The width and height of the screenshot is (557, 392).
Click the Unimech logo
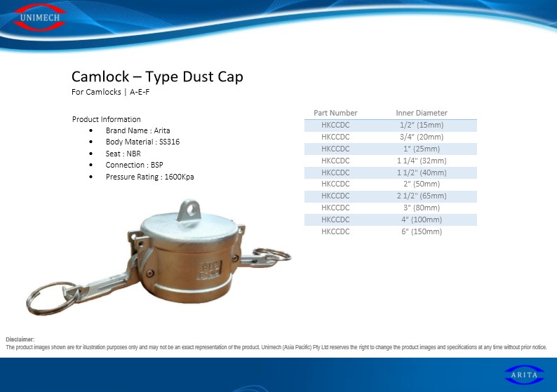click(x=39, y=17)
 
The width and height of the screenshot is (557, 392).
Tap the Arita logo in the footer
click(x=524, y=374)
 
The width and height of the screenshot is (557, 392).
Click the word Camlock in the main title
click(x=100, y=76)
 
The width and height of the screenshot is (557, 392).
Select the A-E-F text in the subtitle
click(x=140, y=92)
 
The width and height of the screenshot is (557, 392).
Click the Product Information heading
click(x=106, y=119)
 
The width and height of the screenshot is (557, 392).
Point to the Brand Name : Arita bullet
click(x=137, y=130)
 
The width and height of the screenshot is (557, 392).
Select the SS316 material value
click(x=170, y=142)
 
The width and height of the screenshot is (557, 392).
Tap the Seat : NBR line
click(x=123, y=154)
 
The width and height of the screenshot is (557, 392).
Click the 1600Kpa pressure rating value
click(x=179, y=177)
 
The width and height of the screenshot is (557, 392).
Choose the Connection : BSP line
click(x=134, y=165)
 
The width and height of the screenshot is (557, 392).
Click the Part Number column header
click(x=335, y=113)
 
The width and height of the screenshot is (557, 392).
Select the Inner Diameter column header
click(x=422, y=113)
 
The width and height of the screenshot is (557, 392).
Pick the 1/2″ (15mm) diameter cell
click(x=422, y=125)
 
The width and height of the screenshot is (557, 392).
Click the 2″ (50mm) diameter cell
click(x=422, y=184)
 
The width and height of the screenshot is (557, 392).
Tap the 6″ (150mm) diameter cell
click(x=422, y=231)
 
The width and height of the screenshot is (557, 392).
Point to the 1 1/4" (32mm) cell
click(x=422, y=161)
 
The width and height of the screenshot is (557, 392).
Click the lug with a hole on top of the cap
click(x=189, y=210)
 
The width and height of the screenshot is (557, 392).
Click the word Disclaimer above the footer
click(x=20, y=339)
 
